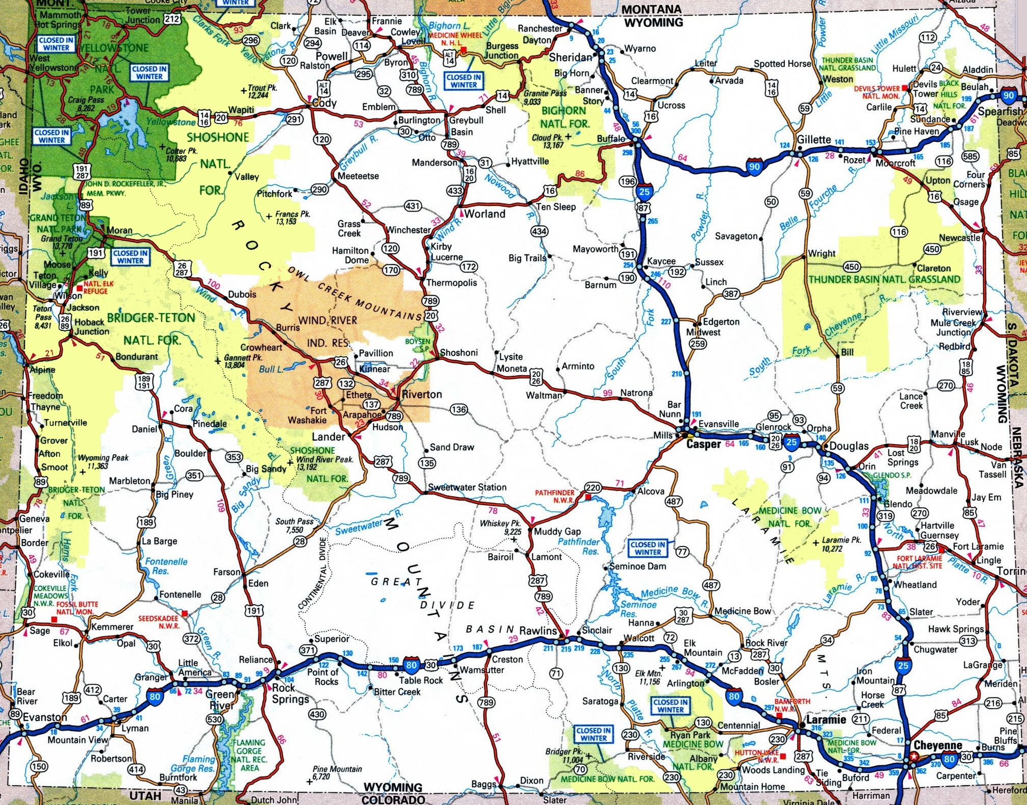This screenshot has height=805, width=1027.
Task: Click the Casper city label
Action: tap(703, 444)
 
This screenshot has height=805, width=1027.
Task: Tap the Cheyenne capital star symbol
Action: tap(914, 757)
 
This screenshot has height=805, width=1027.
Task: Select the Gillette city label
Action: tap(814, 140)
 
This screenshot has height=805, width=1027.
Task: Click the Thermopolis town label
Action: tap(451, 283)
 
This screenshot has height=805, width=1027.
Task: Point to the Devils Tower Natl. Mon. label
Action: tap(877, 92)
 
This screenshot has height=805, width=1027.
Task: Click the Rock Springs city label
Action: tap(290, 693)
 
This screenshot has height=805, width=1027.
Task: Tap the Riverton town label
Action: tap(422, 395)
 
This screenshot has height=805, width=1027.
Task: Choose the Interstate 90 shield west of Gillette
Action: tap(754, 166)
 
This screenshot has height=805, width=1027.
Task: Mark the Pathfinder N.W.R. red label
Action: tap(555, 497)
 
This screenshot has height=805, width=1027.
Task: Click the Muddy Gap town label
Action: tap(557, 531)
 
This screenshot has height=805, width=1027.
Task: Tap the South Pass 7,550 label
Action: tap(294, 526)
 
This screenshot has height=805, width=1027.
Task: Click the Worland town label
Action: tap(484, 214)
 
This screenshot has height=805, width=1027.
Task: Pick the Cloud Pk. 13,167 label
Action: tap(547, 141)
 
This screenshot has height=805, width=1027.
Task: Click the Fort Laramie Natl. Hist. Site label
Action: tap(919, 562)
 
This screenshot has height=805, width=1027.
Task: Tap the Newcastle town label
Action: tap(960, 238)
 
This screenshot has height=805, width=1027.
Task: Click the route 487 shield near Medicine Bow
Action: tap(711, 585)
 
